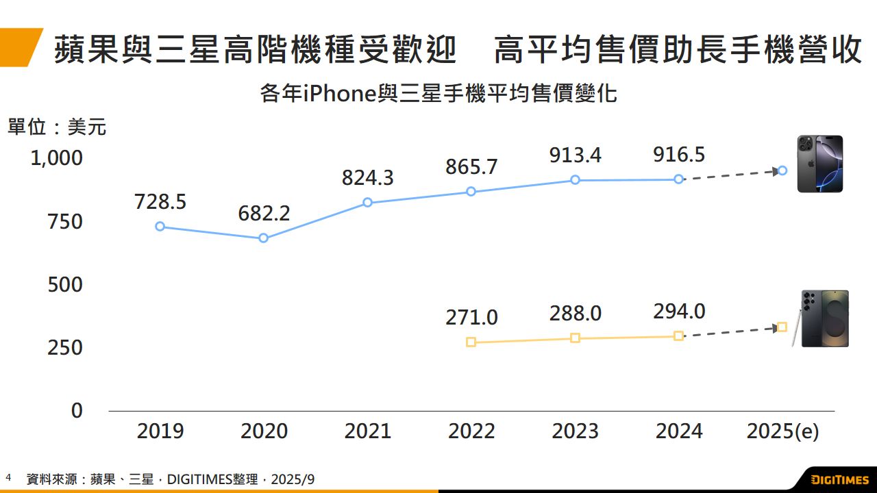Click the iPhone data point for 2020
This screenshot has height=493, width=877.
263,238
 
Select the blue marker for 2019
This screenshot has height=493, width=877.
160,227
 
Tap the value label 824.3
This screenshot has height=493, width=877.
368,178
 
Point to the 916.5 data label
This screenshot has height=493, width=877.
679,155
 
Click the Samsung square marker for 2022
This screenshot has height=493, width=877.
471,342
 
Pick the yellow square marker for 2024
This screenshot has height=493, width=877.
678,336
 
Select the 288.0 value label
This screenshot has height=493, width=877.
576,314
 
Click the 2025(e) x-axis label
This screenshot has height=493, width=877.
782,431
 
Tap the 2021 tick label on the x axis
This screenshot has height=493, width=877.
368,431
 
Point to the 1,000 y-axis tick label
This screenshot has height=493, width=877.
56,158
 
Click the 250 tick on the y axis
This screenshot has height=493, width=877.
64,347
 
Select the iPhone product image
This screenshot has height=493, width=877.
820,164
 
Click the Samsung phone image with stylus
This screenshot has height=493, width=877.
822,318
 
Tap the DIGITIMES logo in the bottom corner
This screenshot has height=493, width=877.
839,479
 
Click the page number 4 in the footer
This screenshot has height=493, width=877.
8,477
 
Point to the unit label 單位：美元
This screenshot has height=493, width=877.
57,127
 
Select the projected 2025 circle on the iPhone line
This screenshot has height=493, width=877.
782,170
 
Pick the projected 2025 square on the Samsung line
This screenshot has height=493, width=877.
782,327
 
